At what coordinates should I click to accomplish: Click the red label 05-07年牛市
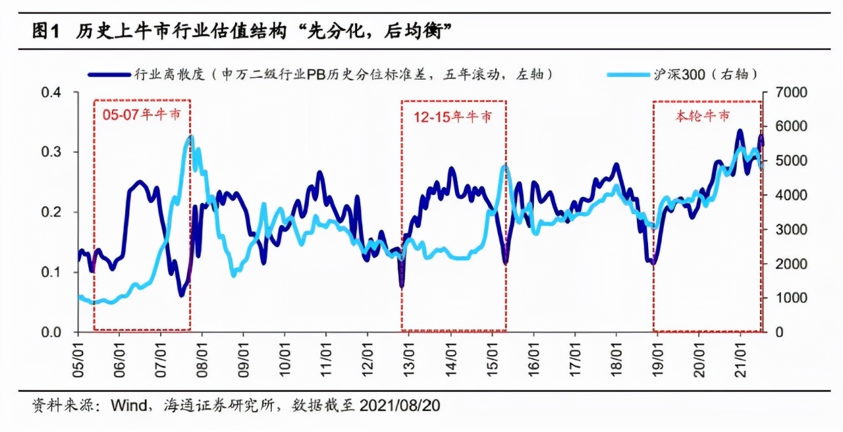coord(142,115)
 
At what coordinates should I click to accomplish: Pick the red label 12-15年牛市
coord(452,117)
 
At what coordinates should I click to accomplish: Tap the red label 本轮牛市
coord(703,117)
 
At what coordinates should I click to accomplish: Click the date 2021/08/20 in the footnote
coord(400,406)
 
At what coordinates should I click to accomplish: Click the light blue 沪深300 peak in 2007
coord(190,137)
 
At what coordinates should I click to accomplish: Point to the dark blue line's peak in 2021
coord(740,131)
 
